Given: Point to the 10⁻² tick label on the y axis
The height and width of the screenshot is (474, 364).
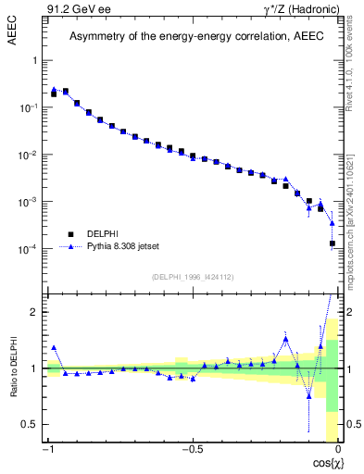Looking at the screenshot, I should click(x=31, y=155).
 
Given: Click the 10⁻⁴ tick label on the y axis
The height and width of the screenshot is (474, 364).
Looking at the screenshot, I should click(x=31, y=249).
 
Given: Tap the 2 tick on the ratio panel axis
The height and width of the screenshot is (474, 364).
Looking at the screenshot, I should click(x=34, y=312).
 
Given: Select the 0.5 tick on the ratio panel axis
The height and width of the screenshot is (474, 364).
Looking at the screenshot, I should click(x=31, y=424).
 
